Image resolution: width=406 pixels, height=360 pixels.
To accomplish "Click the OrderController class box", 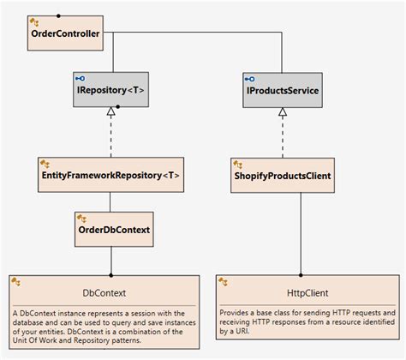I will click(65, 33).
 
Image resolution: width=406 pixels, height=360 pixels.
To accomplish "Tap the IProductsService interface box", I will click(282, 89).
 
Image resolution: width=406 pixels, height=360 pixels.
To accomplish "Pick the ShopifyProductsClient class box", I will click(282, 174).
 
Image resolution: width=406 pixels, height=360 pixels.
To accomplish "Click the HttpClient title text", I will click(305, 292).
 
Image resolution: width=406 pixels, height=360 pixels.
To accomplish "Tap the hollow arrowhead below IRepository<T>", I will click(110, 112).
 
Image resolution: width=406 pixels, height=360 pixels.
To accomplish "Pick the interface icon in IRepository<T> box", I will click(81, 78).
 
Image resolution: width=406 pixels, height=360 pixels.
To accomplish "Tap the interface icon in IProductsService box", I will click(250, 78).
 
